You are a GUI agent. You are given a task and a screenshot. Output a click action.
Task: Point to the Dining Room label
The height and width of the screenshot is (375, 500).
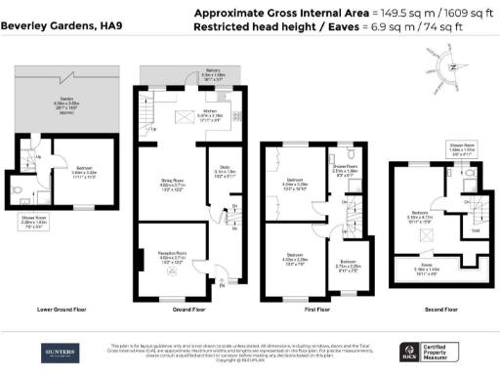pyautogui.click(x=172, y=183)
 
